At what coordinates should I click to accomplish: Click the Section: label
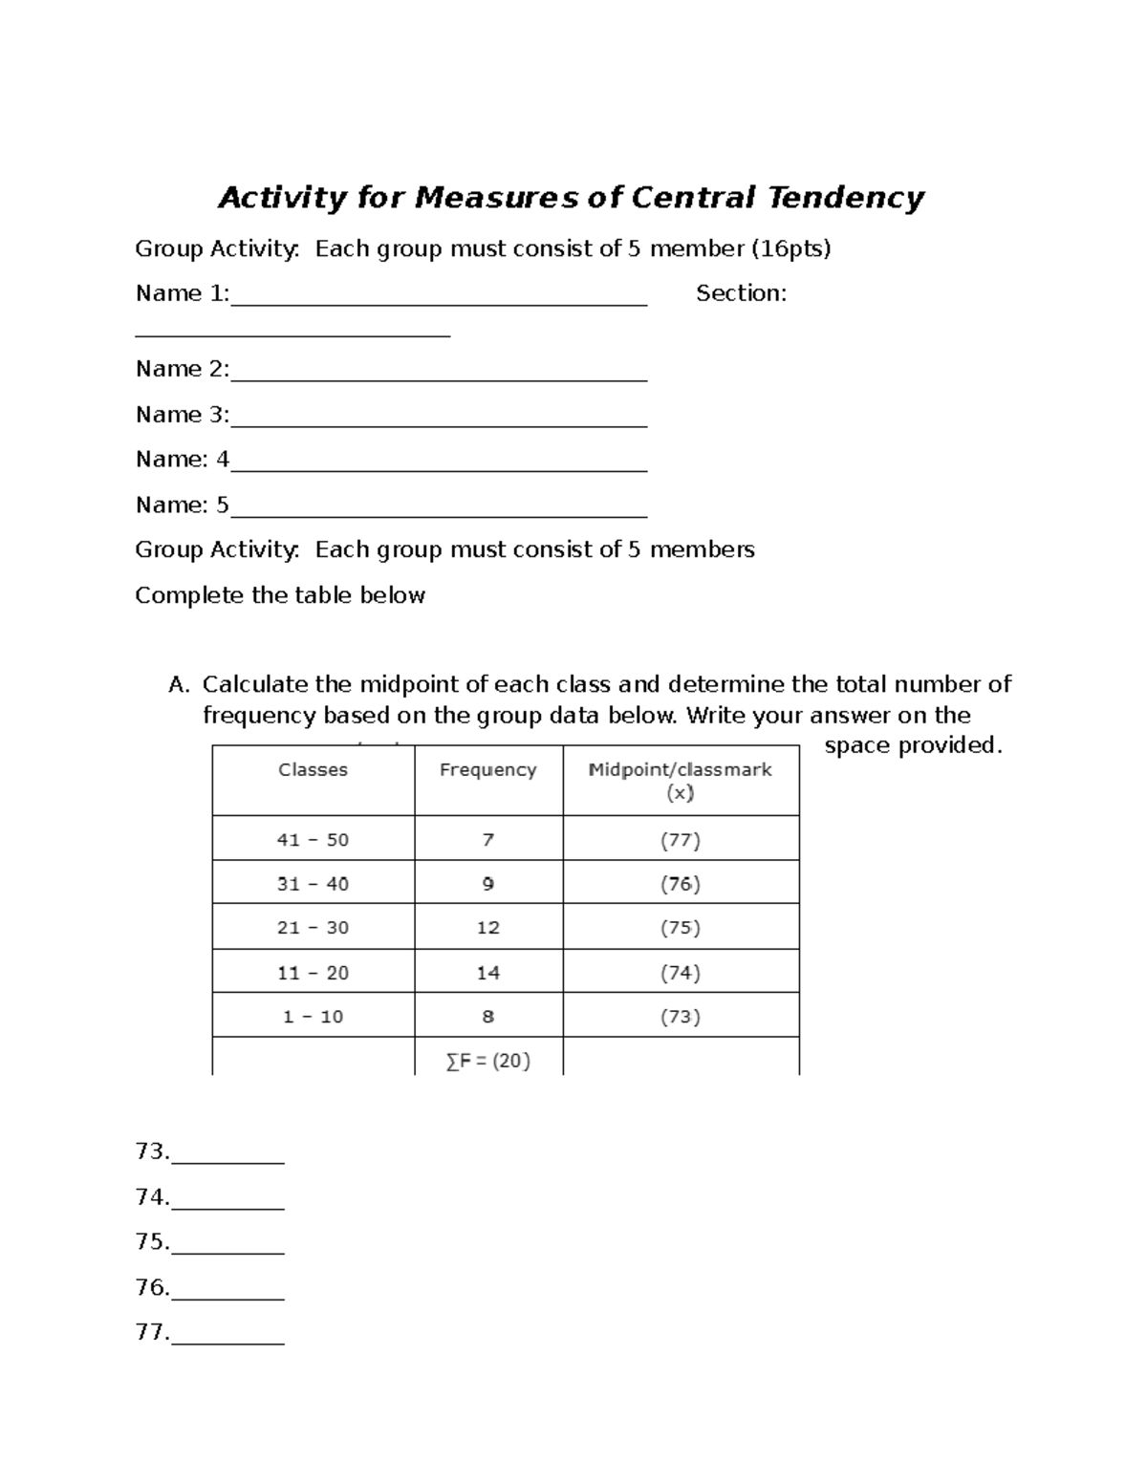click(741, 293)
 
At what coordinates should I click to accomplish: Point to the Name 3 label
click(182, 415)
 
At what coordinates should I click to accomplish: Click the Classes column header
click(313, 770)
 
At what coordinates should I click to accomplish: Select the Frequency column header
click(487, 770)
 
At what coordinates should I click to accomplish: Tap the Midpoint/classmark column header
click(680, 780)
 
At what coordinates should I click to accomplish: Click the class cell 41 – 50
click(313, 840)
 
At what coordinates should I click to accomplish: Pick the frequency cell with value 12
click(487, 928)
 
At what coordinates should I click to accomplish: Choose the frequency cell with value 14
click(487, 973)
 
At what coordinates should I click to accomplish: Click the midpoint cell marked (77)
click(680, 841)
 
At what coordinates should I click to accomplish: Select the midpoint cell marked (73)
click(680, 1017)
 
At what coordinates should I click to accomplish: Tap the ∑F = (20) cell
click(487, 1060)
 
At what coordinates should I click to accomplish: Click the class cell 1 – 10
click(313, 1017)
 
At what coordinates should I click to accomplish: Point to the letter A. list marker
click(179, 685)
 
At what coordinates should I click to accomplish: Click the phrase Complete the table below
click(279, 595)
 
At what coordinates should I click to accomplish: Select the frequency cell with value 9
click(487, 884)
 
